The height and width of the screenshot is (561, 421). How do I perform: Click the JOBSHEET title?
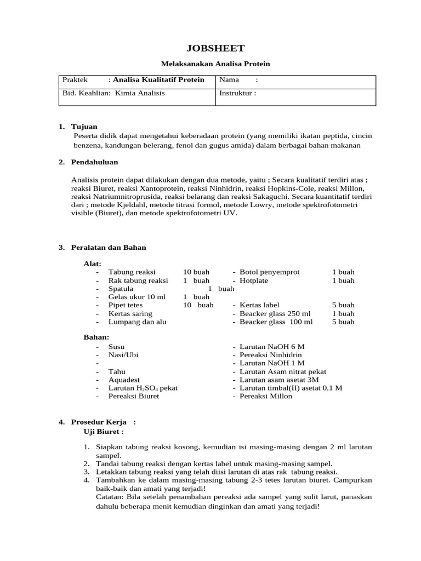click(x=211, y=48)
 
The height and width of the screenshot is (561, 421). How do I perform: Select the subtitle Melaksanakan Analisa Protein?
click(x=211, y=64)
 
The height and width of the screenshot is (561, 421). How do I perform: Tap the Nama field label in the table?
click(x=230, y=80)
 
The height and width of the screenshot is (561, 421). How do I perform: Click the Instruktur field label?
click(x=237, y=93)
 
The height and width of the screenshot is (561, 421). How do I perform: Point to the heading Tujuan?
click(x=84, y=127)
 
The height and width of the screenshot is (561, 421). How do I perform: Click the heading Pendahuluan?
click(x=94, y=162)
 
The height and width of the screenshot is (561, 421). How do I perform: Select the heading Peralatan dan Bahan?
click(x=109, y=248)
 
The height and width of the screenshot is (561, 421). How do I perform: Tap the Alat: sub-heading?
click(x=92, y=264)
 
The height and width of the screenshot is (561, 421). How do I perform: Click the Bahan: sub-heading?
click(x=96, y=336)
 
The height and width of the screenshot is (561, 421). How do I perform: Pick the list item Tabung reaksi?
click(x=132, y=272)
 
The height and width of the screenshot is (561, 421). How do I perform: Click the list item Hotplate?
click(x=254, y=280)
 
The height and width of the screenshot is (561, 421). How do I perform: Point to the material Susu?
click(x=116, y=347)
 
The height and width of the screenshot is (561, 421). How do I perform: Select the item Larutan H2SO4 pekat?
click(x=143, y=388)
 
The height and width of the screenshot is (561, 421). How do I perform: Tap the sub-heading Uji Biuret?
click(x=103, y=431)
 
